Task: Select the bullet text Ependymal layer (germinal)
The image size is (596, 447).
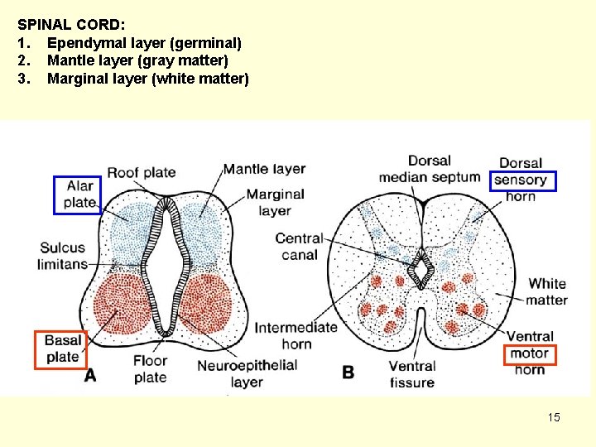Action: pyautogui.click(x=144, y=42)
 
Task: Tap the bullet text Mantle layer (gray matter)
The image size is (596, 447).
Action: pyautogui.click(x=137, y=60)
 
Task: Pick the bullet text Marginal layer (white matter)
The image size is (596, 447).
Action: pyautogui.click(x=147, y=79)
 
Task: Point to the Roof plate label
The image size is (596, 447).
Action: pyautogui.click(x=141, y=172)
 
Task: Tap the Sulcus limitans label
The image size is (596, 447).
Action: pyautogui.click(x=62, y=256)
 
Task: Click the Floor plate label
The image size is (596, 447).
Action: pyautogui.click(x=150, y=368)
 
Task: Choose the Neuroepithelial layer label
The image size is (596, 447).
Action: pyautogui.click(x=247, y=373)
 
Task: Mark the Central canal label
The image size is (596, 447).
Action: pyautogui.click(x=298, y=247)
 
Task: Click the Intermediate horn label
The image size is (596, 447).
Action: pyautogui.click(x=296, y=335)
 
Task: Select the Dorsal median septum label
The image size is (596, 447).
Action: pyautogui.click(x=429, y=169)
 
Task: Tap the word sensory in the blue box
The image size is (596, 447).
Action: pyautogui.click(x=521, y=180)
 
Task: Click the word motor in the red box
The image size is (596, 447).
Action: pyautogui.click(x=529, y=353)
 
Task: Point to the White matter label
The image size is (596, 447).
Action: pyautogui.click(x=546, y=291)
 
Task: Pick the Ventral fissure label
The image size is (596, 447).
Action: pyautogui.click(x=411, y=374)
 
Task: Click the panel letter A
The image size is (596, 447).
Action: pyautogui.click(x=89, y=375)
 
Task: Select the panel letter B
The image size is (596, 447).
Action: pyautogui.click(x=348, y=372)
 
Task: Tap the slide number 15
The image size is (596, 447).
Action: pyautogui.click(x=554, y=417)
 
